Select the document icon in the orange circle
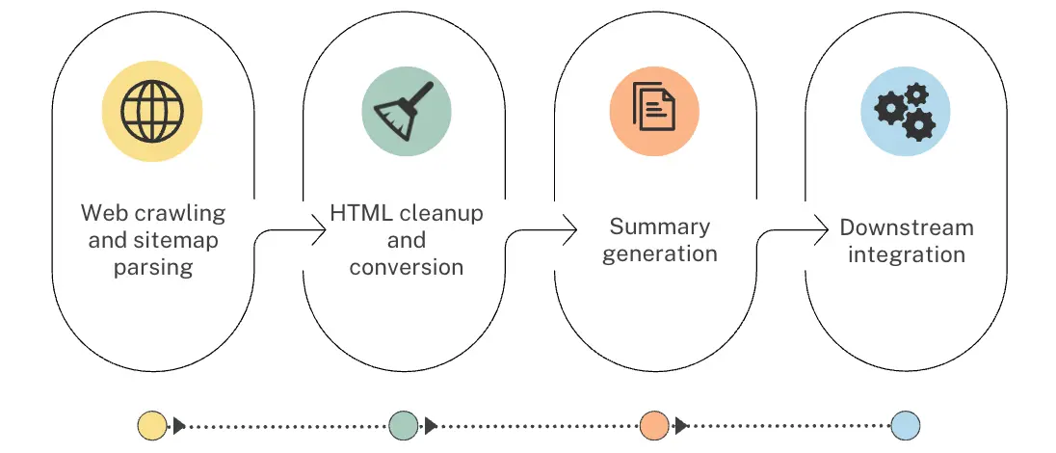653,108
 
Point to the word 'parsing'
152,268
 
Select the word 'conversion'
406,267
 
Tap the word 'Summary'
659,227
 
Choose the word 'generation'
659,254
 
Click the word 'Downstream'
907,228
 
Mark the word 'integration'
907,255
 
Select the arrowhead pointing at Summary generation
571,229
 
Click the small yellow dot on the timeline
152,425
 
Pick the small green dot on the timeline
403,425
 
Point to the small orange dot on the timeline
654,425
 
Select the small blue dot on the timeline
905,425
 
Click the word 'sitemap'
180,241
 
